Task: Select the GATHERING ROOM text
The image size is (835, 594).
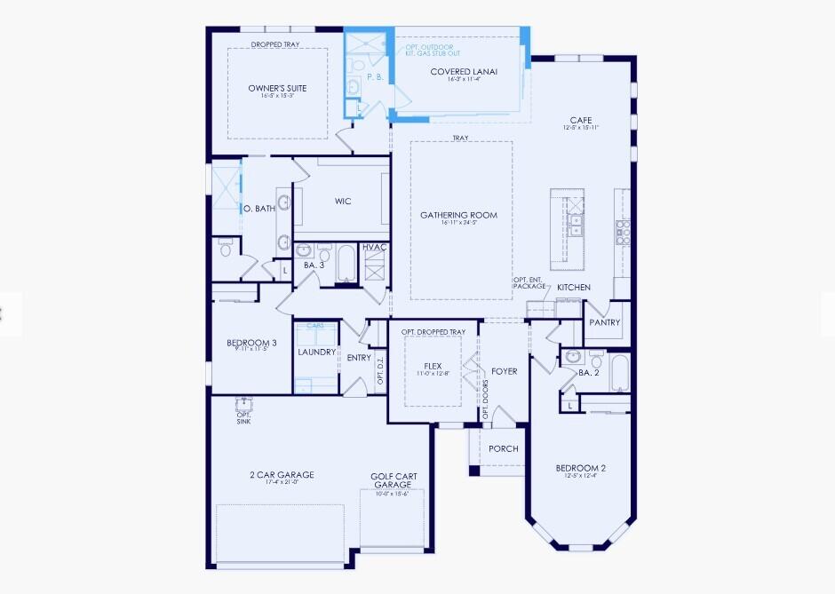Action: point(458,215)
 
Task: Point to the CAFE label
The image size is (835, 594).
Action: point(581,120)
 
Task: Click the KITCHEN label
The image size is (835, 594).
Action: point(574,288)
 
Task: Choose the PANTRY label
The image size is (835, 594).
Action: point(604,322)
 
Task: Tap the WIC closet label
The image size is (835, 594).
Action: point(343,202)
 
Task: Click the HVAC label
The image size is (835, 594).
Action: point(374,247)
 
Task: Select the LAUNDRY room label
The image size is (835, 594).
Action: point(316,352)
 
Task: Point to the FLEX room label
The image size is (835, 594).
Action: point(433,366)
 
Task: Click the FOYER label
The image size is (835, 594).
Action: point(505,371)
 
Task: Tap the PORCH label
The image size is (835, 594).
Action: point(504,448)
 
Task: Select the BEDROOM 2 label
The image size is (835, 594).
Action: point(580,468)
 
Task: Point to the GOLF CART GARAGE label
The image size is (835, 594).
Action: point(394,481)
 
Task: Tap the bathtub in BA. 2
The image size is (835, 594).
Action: point(619,374)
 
